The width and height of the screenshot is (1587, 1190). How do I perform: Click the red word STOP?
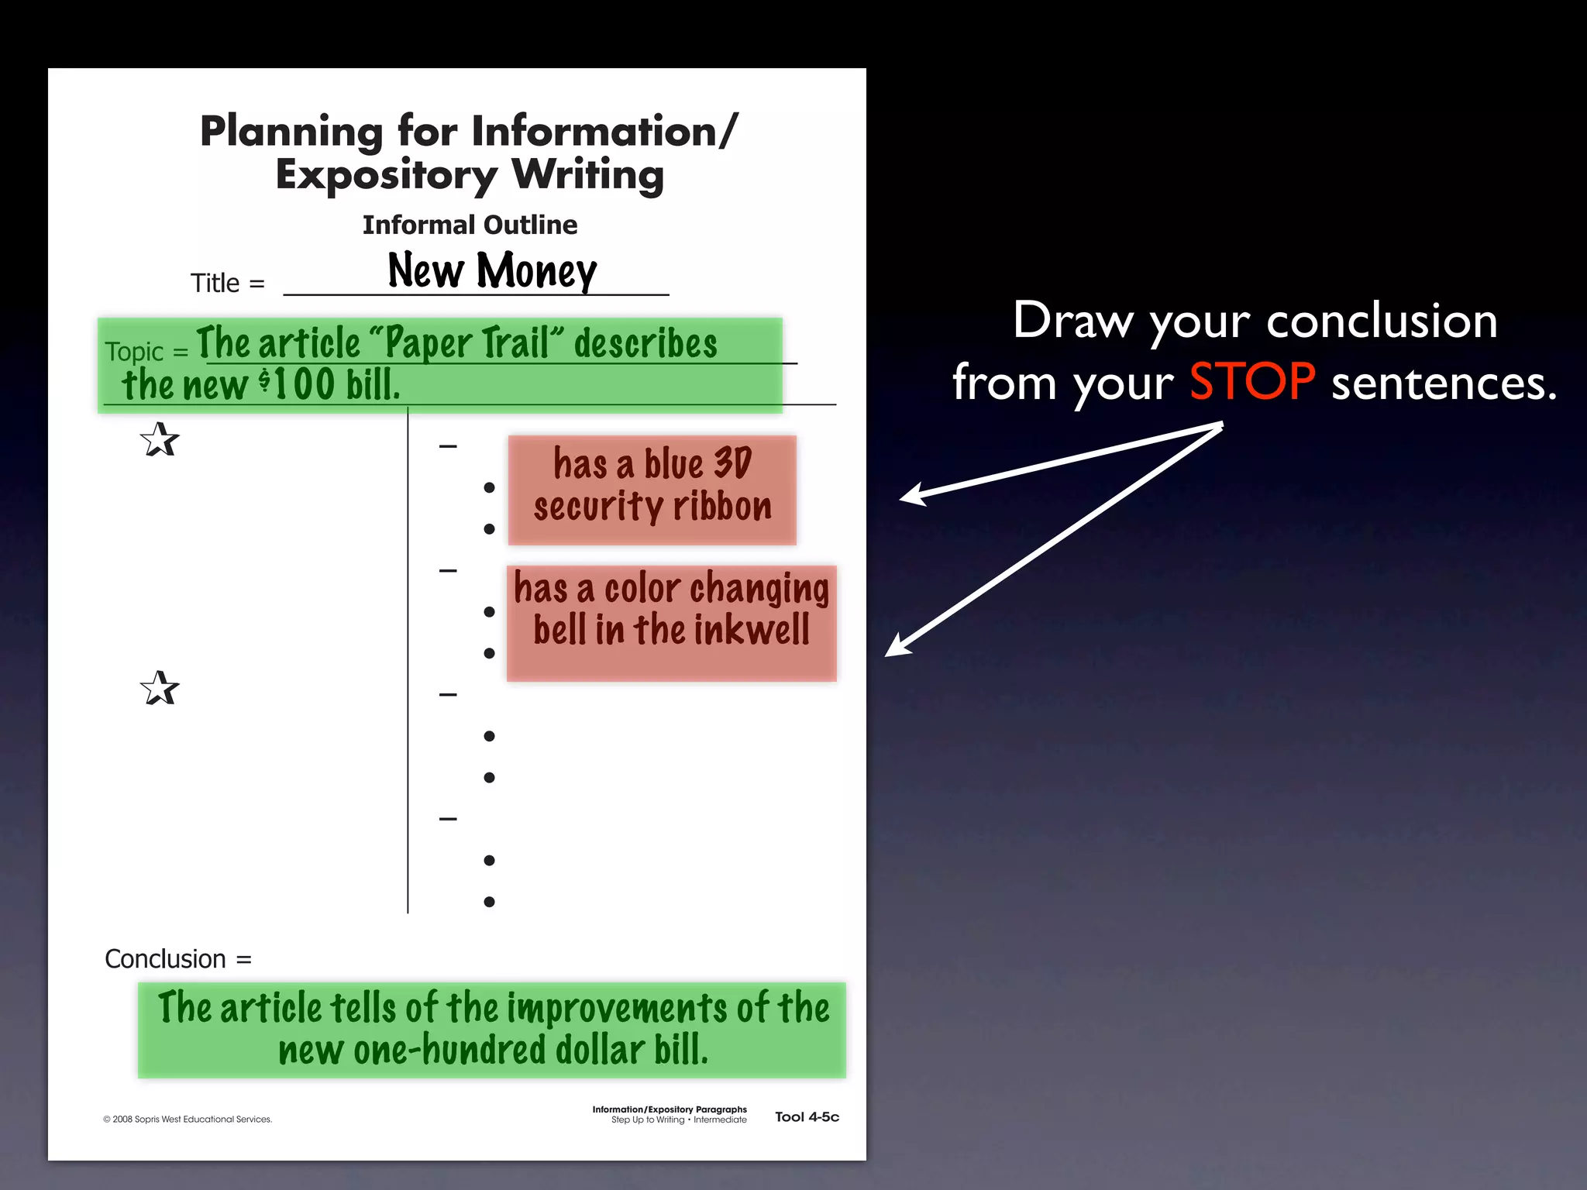1251,382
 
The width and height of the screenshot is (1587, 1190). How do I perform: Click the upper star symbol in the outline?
160,440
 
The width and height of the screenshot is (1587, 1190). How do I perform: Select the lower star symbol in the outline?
160,688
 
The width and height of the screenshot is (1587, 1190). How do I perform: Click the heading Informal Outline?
470,225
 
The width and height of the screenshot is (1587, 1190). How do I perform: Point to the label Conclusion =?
178,959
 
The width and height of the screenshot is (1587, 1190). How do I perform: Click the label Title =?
227,283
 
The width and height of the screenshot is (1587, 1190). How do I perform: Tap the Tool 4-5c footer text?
807,1116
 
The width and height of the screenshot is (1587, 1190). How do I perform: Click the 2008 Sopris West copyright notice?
188,1119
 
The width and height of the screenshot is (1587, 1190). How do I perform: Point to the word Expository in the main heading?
386,175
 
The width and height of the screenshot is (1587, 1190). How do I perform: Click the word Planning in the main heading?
291,132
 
